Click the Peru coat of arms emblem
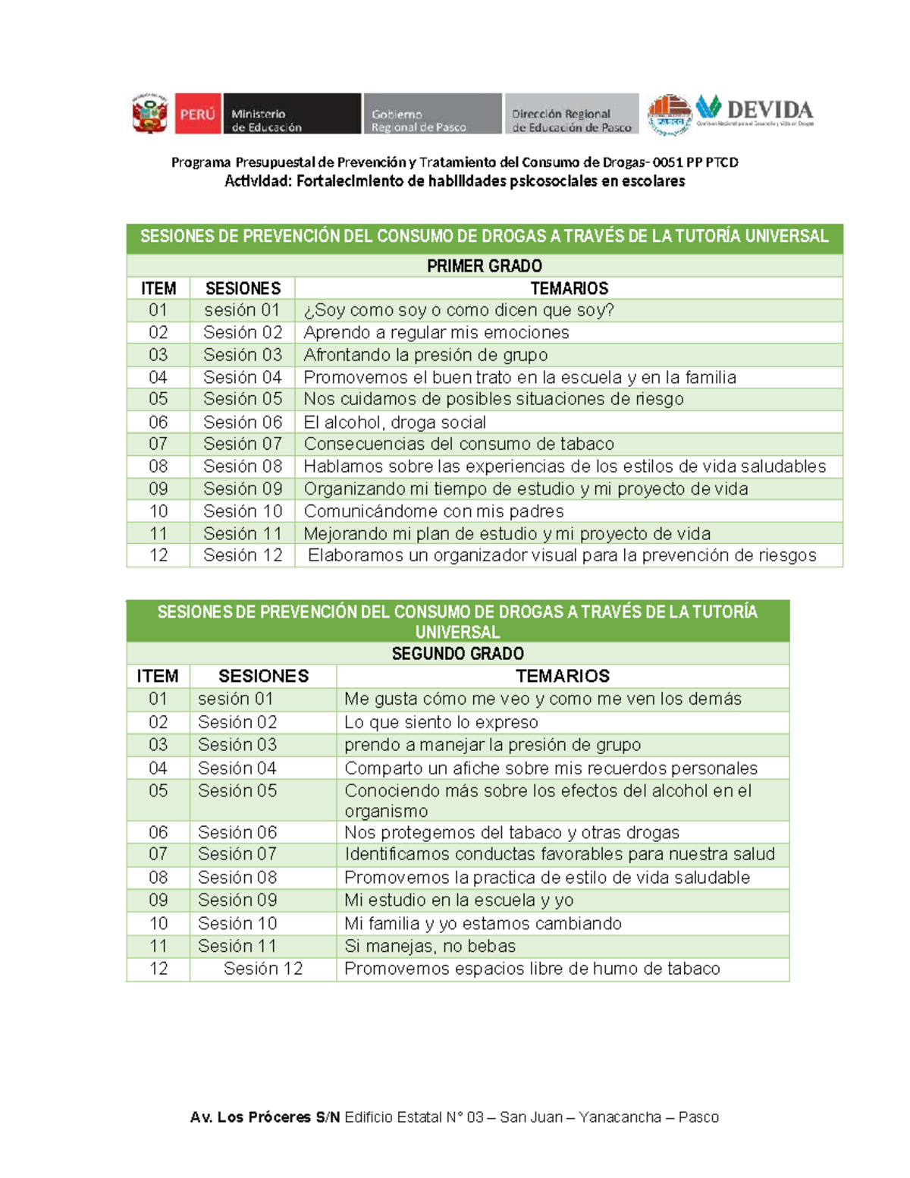pyautogui.click(x=149, y=115)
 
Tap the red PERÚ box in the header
pyautogui.click(x=198, y=114)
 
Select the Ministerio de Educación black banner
pyautogui.click(x=291, y=114)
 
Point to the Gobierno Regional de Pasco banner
pyautogui.click(x=432, y=114)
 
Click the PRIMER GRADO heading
pyautogui.click(x=484, y=266)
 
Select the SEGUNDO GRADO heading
pyautogui.click(x=457, y=654)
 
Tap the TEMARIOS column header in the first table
pyautogui.click(x=569, y=288)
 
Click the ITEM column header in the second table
pyautogui.click(x=158, y=676)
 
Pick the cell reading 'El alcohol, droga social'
pyautogui.click(x=394, y=423)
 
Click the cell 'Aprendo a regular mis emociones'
pyautogui.click(x=436, y=332)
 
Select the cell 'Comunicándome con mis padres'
pyautogui.click(x=434, y=511)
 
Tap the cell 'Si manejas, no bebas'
pyautogui.click(x=430, y=946)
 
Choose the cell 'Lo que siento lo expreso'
pyautogui.click(x=441, y=722)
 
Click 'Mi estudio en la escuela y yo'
pyautogui.click(x=459, y=900)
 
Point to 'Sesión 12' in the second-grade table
pyautogui.click(x=263, y=969)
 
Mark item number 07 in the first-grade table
pyautogui.click(x=158, y=444)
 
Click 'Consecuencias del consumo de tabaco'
pyautogui.click(x=459, y=444)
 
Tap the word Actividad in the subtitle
pyautogui.click(x=257, y=181)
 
